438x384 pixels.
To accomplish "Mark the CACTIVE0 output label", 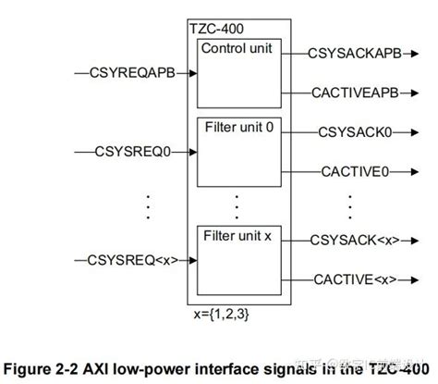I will [x=355, y=170].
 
